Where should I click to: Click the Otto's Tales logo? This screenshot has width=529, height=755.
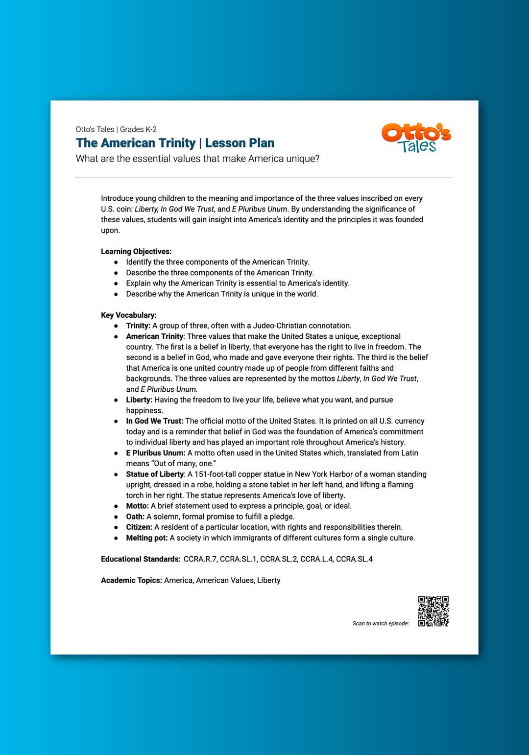[416, 138]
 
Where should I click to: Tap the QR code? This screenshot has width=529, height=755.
[433, 611]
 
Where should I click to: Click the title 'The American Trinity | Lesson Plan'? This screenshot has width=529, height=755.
[175, 143]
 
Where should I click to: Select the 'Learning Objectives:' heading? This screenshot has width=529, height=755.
[136, 252]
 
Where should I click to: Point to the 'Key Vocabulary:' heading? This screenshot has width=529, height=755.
[129, 315]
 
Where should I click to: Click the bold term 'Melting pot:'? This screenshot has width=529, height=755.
[147, 538]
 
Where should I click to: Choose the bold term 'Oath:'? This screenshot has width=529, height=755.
[135, 517]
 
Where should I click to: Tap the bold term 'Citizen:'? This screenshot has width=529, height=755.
[139, 527]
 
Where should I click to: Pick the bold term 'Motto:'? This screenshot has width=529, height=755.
[137, 506]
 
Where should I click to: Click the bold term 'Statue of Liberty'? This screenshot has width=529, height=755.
[155, 474]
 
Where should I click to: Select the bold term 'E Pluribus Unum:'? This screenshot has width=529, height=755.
[156, 453]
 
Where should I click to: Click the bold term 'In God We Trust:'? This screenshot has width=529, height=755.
[155, 421]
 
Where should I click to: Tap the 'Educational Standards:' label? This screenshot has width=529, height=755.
[141, 559]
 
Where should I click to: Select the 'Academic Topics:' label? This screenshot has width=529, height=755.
[131, 580]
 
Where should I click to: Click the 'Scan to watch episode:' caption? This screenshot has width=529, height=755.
[381, 623]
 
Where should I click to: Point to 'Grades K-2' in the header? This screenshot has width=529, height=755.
[138, 130]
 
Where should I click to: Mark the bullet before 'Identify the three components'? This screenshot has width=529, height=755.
[116, 262]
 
